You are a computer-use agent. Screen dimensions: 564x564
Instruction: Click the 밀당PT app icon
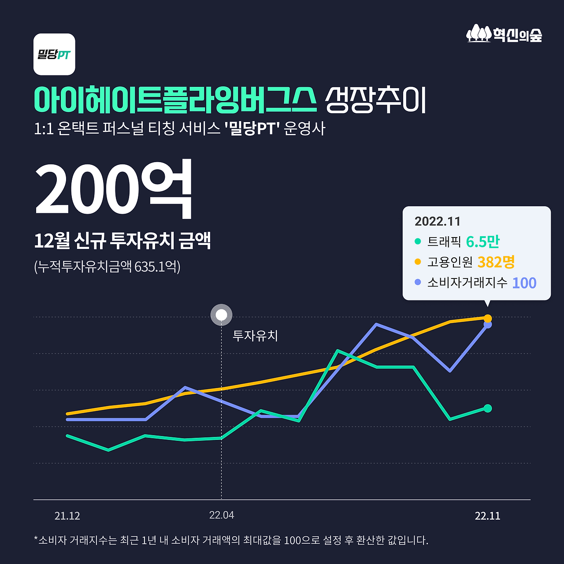54,54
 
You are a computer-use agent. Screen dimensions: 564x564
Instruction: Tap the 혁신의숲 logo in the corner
504,34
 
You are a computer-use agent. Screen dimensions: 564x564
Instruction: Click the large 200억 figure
114,189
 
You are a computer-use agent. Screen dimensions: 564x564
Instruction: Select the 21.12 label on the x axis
67,516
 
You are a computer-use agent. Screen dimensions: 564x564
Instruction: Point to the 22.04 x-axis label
222,515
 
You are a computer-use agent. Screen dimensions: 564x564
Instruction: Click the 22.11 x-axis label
487,516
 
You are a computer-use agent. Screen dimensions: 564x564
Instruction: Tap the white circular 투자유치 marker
221,315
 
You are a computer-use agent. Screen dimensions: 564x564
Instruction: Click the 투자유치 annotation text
255,336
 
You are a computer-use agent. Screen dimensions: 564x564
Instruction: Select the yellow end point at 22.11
488,318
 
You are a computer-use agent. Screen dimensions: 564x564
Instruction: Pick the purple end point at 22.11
488,325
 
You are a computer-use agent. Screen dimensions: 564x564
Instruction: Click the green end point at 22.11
487,408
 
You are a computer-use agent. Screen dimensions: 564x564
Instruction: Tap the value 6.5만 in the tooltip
482,241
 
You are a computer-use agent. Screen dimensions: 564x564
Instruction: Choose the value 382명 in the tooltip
496,262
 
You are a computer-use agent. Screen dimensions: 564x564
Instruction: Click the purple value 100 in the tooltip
524,283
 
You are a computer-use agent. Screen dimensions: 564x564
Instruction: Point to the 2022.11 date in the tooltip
437,221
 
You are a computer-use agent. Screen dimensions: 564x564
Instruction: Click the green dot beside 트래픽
418,241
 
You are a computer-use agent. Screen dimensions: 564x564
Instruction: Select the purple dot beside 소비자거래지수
418,282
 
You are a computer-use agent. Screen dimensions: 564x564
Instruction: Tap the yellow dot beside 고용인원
418,262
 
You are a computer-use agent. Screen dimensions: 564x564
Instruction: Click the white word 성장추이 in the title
375,100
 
